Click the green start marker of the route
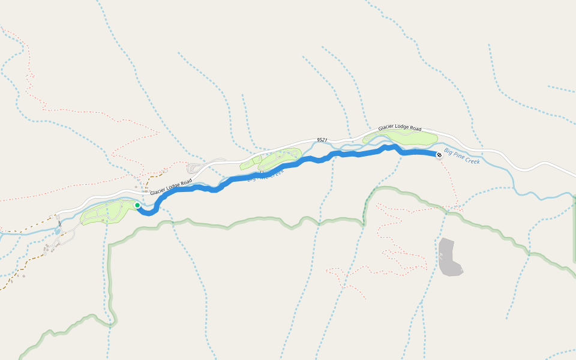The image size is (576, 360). (137, 206)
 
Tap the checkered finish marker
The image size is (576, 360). (439, 155)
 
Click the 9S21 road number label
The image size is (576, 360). (322, 140)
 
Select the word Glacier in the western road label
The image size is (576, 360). (157, 191)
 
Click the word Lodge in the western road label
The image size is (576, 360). (173, 186)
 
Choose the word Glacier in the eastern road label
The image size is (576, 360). (386, 129)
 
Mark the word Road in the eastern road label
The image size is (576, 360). (416, 128)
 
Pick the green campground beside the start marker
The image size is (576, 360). (108, 213)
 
